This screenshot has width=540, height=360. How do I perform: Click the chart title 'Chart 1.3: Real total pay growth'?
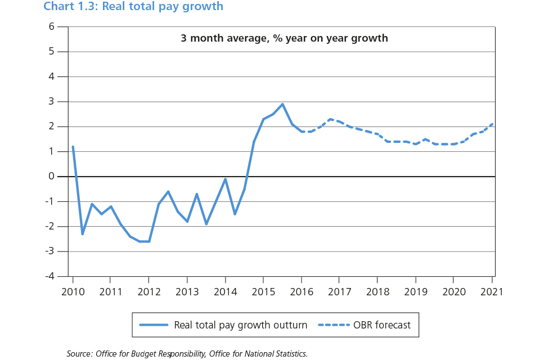coord(133,7)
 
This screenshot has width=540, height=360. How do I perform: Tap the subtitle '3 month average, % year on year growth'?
coord(284,39)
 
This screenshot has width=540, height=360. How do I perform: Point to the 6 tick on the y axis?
coord(51,26)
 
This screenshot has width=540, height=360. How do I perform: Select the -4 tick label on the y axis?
coord(49,276)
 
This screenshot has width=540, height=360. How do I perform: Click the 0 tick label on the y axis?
coord(51,177)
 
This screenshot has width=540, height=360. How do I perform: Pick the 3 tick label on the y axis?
coord(51,101)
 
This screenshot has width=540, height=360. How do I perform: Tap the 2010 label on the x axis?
coord(73,292)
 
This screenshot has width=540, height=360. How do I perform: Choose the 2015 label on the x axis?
coord(263,292)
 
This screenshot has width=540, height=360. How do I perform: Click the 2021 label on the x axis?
coord(492,292)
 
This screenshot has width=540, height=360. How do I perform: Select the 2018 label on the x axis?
coord(377,292)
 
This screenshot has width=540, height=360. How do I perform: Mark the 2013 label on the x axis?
coord(187,292)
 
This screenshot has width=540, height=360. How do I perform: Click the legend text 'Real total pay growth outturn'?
coord(240,325)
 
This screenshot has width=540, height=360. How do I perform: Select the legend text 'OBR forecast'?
coord(382,325)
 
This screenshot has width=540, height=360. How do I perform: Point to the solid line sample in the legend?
coord(153,325)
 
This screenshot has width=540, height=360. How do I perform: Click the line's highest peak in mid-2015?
coord(282,104)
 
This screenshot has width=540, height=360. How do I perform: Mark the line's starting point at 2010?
coord(73,147)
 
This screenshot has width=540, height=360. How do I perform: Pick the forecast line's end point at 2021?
coord(492,124)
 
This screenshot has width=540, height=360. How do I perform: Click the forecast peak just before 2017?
coord(330,119)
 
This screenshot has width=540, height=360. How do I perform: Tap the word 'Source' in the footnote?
coord(79,353)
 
